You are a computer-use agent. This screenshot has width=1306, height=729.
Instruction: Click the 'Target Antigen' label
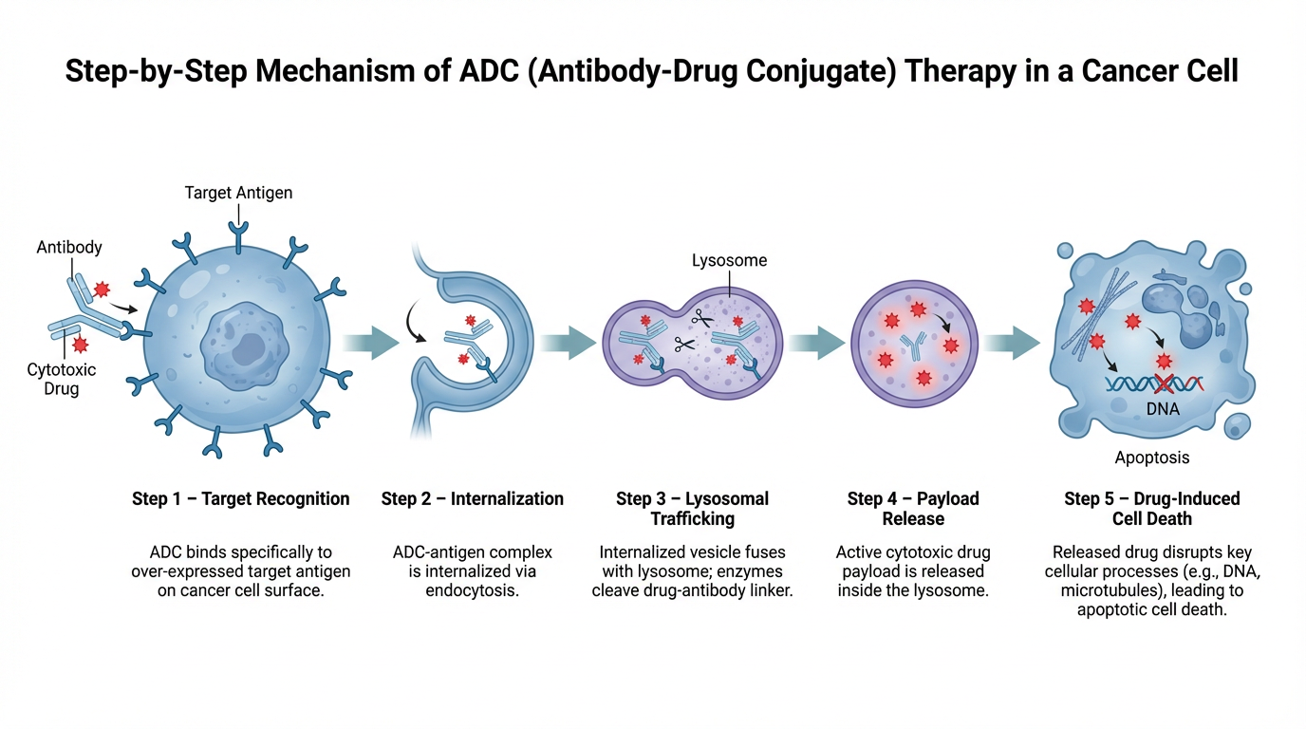tap(238, 193)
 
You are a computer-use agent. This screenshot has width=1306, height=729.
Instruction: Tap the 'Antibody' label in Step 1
tap(69, 248)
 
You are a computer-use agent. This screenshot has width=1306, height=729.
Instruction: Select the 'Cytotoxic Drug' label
tap(62, 379)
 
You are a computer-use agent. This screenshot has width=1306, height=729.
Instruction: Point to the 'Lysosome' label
tap(729, 260)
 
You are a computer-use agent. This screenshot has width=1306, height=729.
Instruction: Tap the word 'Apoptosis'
tap(1152, 458)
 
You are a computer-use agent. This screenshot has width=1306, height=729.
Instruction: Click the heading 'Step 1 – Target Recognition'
tap(241, 499)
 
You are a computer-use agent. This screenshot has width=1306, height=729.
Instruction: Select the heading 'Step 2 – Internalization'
tap(473, 499)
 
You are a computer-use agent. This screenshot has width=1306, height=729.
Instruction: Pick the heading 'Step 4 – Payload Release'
tap(913, 509)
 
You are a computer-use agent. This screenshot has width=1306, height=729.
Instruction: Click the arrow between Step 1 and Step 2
tap(371, 343)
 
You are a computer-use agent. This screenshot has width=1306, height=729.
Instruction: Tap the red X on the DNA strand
tap(1164, 383)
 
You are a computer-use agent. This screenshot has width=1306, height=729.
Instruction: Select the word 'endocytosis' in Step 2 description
tap(473, 591)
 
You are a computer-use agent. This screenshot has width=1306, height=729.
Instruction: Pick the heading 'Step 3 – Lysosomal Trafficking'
tap(692, 509)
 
